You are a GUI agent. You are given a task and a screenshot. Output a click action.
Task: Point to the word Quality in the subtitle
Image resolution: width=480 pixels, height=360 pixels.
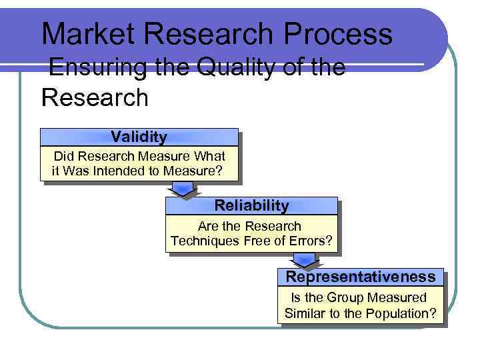click(x=219, y=69)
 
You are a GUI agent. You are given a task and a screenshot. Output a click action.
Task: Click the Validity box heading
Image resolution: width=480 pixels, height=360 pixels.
click(x=139, y=137)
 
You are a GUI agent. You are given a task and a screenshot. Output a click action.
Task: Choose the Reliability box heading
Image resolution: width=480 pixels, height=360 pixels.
click(x=251, y=205)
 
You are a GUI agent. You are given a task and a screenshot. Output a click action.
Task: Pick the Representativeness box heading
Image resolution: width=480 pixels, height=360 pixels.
click(x=360, y=277)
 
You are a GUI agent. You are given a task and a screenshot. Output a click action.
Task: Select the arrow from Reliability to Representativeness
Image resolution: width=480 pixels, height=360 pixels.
click(x=304, y=260)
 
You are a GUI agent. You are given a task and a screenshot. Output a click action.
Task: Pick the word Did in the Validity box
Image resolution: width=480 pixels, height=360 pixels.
click(x=64, y=156)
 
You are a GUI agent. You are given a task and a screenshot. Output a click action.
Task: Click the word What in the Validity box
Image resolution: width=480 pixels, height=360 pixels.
click(x=209, y=156)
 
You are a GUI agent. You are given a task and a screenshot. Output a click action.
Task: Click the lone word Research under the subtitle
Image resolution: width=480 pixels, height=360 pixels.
click(x=95, y=97)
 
